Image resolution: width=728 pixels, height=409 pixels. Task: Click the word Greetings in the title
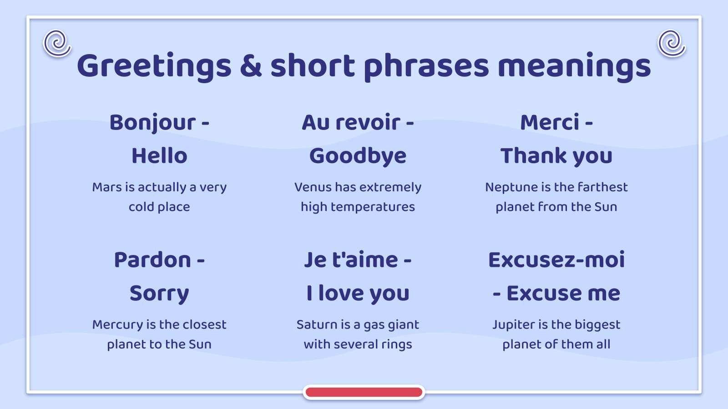coord(154,66)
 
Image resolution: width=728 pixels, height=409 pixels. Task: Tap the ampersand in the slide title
coord(251,65)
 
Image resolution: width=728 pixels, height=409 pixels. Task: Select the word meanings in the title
coord(574,66)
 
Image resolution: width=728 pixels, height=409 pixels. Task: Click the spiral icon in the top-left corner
coord(57,43)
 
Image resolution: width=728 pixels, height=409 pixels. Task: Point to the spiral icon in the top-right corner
coord(671,43)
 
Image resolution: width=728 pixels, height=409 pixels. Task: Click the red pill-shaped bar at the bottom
coord(364,392)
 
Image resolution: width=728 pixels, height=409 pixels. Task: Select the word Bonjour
coord(152,123)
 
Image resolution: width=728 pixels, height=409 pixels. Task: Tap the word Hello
coord(159,156)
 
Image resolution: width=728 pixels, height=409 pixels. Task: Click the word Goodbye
coord(358,156)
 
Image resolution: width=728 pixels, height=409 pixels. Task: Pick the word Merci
coord(550,123)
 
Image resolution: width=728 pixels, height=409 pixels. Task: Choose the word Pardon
coord(152,260)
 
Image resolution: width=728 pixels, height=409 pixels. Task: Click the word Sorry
coord(159,294)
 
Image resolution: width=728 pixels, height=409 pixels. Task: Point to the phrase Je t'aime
coord(351,260)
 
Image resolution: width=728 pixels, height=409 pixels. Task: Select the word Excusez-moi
coord(556,260)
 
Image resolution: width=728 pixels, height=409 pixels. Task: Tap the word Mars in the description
coord(107,187)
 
